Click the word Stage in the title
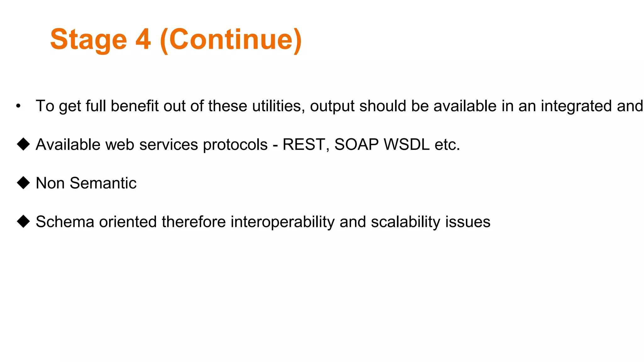88,40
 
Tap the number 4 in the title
143,40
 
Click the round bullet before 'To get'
19,106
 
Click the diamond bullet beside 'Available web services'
23,145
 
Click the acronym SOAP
356,145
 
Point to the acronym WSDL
407,145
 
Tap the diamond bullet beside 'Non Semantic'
23,183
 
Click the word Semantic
103,183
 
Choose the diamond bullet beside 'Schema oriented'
23,222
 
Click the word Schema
65,222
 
